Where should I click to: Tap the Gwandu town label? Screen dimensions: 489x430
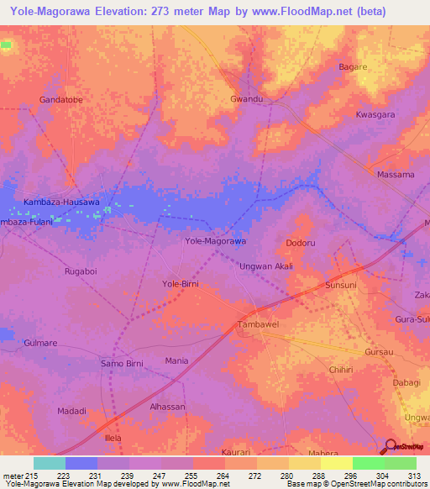(x=247, y=99)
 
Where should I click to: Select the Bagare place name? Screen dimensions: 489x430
(x=353, y=66)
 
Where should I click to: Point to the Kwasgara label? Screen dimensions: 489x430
(x=375, y=114)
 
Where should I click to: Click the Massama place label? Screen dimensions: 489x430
(x=396, y=175)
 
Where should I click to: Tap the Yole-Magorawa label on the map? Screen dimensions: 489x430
(x=215, y=241)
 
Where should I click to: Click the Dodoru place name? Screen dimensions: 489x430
(x=301, y=243)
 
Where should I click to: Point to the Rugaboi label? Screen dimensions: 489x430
(x=81, y=272)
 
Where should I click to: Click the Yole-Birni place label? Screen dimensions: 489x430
(x=180, y=284)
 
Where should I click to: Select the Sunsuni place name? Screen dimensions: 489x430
(x=342, y=287)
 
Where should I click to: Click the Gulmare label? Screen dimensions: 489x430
(x=40, y=344)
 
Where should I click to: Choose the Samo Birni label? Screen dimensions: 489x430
(x=123, y=363)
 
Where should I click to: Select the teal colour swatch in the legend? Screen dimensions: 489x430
(x=50, y=463)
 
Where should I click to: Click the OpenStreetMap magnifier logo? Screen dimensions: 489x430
(x=390, y=447)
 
